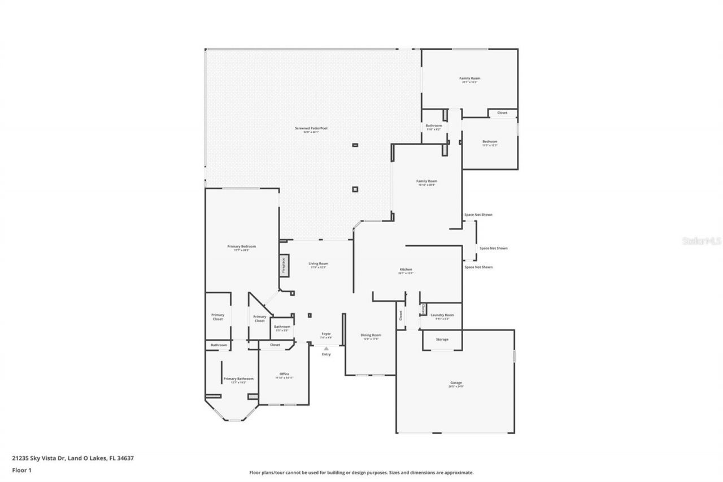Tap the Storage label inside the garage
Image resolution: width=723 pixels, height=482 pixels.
(x=442, y=339)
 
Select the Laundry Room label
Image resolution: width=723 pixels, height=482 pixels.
(x=442, y=315)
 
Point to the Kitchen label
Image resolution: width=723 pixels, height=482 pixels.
(x=406, y=270)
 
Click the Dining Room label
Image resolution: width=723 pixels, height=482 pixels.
(x=371, y=336)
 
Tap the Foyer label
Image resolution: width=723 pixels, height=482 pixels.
(x=326, y=335)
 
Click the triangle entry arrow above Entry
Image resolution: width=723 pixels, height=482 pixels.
(x=326, y=349)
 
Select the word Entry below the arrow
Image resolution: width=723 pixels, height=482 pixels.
(x=326, y=354)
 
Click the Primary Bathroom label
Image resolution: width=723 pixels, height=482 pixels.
(x=238, y=379)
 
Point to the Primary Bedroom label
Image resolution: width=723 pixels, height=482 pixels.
(x=242, y=247)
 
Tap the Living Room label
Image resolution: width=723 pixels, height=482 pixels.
(x=318, y=264)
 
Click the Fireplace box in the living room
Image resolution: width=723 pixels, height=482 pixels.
(x=284, y=264)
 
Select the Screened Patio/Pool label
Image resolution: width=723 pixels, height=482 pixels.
(x=311, y=129)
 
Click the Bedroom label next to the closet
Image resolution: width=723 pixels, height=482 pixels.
(x=490, y=142)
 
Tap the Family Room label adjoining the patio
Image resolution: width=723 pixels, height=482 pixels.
(x=427, y=182)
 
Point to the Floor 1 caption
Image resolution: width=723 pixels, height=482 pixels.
(x=21, y=470)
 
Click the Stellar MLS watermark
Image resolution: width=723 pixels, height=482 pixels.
(x=702, y=241)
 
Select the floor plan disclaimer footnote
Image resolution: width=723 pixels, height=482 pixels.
(x=361, y=472)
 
